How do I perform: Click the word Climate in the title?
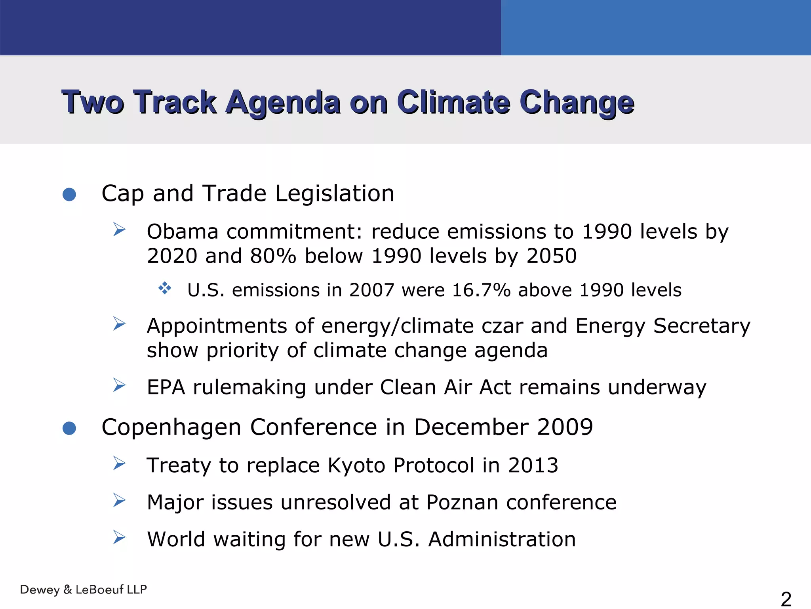tap(453, 102)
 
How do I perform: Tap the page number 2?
tap(786, 599)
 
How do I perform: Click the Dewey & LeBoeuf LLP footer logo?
tap(83, 590)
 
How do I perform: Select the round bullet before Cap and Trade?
tap(69, 194)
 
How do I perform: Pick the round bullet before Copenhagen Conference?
tap(69, 428)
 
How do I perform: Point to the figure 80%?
tap(273, 256)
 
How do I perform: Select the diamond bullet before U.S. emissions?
tap(165, 288)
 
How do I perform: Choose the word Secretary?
tap(702, 326)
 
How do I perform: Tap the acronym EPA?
tap(166, 387)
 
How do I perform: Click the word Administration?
tap(502, 540)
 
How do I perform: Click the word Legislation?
tap(335, 194)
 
